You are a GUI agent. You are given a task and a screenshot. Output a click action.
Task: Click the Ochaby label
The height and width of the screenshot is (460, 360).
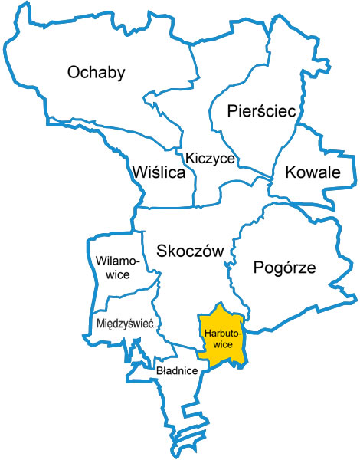pyautogui.click(x=96, y=73)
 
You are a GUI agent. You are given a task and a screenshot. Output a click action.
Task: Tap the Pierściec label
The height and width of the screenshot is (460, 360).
pyautogui.click(x=261, y=112)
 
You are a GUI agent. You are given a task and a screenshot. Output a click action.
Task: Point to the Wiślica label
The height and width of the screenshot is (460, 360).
pyautogui.click(x=159, y=173)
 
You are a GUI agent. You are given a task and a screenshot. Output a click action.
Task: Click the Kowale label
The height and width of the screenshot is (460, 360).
pyautogui.click(x=312, y=172)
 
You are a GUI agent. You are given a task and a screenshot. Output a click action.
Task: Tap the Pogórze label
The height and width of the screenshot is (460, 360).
pyautogui.click(x=283, y=268)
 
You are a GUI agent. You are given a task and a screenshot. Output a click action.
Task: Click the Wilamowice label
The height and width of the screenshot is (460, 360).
pyautogui.click(x=117, y=268)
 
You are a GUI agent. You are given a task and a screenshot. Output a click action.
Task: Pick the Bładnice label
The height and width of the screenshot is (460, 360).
pyautogui.click(x=177, y=371)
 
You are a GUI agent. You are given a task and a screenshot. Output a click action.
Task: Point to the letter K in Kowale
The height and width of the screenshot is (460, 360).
pyautogui.click(x=290, y=172)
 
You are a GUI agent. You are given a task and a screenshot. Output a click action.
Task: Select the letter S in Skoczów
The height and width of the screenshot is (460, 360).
pyautogui.click(x=162, y=251)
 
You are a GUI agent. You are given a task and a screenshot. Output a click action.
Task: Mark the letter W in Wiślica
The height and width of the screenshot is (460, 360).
pyautogui.click(x=139, y=173)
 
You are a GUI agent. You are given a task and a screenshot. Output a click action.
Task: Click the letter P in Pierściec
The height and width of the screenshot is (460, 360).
pyautogui.click(x=232, y=112)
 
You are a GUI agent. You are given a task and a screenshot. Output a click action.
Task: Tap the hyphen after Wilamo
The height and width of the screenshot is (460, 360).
pyautogui.click(x=139, y=261)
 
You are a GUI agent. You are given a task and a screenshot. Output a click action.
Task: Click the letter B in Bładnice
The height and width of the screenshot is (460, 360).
pyautogui.click(x=158, y=371)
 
